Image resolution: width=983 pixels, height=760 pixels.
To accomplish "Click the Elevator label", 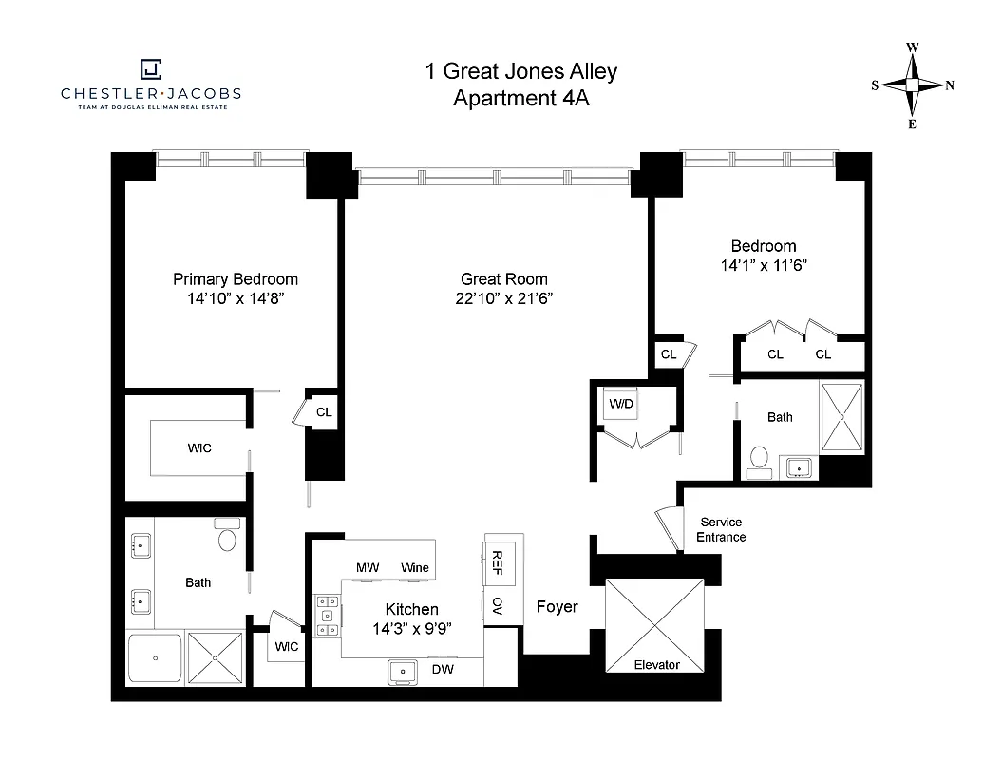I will pyautogui.click(x=656, y=665).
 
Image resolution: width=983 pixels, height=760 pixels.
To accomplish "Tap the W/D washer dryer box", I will pyautogui.click(x=621, y=404).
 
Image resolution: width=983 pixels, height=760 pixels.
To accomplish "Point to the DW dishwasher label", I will pyautogui.click(x=443, y=670).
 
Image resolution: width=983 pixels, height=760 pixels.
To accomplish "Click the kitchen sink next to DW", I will pyautogui.click(x=403, y=672).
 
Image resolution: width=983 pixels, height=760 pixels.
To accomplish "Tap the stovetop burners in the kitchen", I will pyautogui.click(x=328, y=615).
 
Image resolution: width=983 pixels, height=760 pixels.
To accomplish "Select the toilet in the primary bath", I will pyautogui.click(x=228, y=538).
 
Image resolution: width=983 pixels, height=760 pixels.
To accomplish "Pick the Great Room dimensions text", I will pyautogui.click(x=504, y=298).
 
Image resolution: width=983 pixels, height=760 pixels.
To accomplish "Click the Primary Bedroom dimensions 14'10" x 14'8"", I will pyautogui.click(x=236, y=298).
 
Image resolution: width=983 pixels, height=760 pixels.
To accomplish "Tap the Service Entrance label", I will pyautogui.click(x=722, y=529).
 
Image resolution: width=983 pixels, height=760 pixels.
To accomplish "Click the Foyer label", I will pyautogui.click(x=557, y=607).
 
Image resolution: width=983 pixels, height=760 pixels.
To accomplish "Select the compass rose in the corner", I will pyautogui.click(x=912, y=85).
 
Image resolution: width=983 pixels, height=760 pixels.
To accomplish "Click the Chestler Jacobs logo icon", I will pyautogui.click(x=150, y=69).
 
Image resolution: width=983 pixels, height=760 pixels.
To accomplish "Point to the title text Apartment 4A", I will pyautogui.click(x=520, y=98).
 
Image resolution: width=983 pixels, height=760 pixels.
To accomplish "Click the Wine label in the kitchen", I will pyautogui.click(x=415, y=567).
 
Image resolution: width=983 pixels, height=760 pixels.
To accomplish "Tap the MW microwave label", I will pyautogui.click(x=368, y=567).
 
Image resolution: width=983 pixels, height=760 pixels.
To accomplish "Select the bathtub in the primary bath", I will pyautogui.click(x=155, y=658).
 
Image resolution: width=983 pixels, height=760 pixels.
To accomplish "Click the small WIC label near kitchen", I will pyautogui.click(x=286, y=646).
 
